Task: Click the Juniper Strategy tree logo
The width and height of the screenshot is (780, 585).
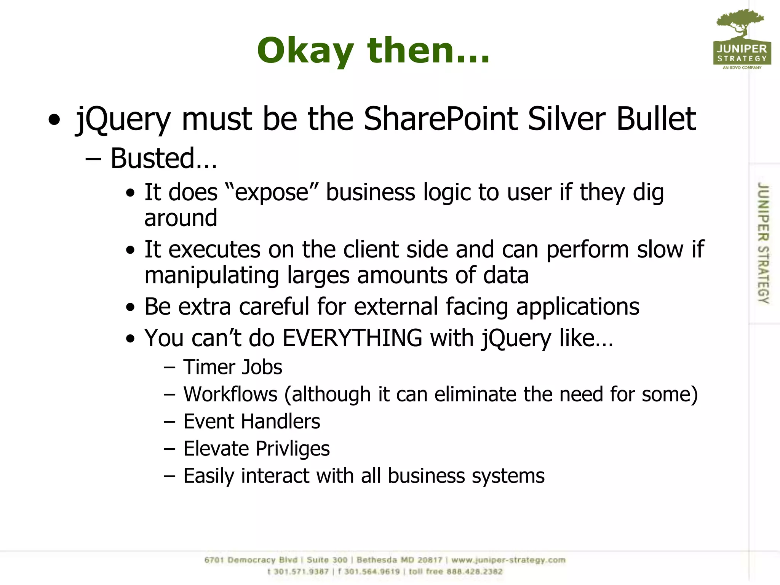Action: coord(742,38)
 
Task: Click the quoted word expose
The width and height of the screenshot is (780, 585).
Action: coord(272,192)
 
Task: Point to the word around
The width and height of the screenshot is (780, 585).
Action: coord(181,218)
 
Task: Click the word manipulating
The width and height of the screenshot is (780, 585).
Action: coord(212,275)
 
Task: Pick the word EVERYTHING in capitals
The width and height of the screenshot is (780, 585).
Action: coord(352,338)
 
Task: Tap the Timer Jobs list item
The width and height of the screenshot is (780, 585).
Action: coord(233,367)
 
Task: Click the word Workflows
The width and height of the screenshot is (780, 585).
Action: coord(230,394)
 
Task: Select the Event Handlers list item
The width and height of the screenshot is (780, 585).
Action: coord(252,422)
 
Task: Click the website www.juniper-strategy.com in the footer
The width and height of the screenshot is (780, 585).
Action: coord(508,560)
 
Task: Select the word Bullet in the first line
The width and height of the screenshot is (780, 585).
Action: coord(656,119)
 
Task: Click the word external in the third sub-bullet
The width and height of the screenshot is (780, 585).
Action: coord(396,307)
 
